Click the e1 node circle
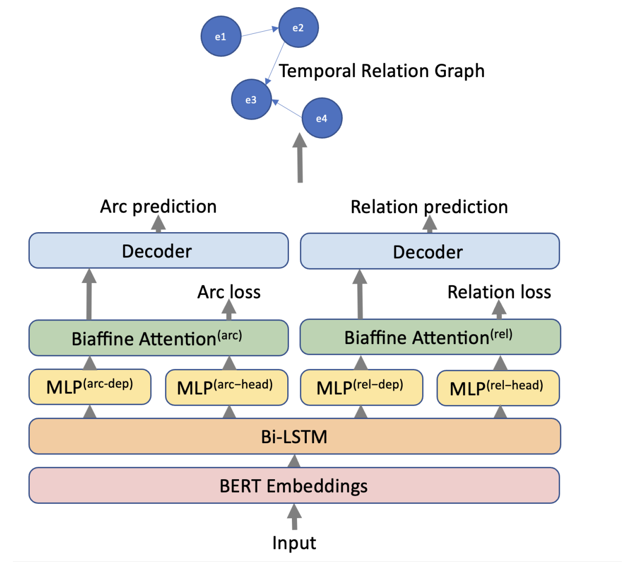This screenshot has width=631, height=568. pyautogui.click(x=221, y=36)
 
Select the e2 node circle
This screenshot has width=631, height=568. pyautogui.click(x=298, y=28)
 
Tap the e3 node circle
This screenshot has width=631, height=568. pyautogui.click(x=251, y=100)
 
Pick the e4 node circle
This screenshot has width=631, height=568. pyautogui.click(x=322, y=119)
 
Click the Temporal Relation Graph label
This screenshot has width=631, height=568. pyautogui.click(x=381, y=71)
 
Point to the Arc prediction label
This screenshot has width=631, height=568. pyautogui.click(x=158, y=206)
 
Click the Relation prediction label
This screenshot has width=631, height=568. pyautogui.click(x=429, y=207)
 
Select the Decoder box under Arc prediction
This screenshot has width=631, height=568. pyautogui.click(x=158, y=251)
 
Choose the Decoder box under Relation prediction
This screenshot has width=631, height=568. pyautogui.click(x=429, y=252)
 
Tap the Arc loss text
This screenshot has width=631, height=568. pyautogui.click(x=229, y=292)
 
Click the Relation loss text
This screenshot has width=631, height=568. pyautogui.click(x=499, y=292)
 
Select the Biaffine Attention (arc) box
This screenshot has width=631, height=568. pyautogui.click(x=158, y=338)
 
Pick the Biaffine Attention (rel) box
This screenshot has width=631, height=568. pyautogui.click(x=430, y=337)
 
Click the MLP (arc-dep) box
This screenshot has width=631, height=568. pyautogui.click(x=90, y=387)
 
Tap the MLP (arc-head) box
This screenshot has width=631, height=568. pyautogui.click(x=226, y=387)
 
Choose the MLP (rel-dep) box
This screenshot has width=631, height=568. pyautogui.click(x=361, y=387)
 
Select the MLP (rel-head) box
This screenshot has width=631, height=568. pyautogui.click(x=498, y=388)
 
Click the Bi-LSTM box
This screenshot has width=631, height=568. pyautogui.click(x=294, y=437)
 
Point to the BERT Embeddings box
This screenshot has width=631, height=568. pyautogui.click(x=294, y=485)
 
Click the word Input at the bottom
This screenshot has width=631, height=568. pyautogui.click(x=294, y=543)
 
